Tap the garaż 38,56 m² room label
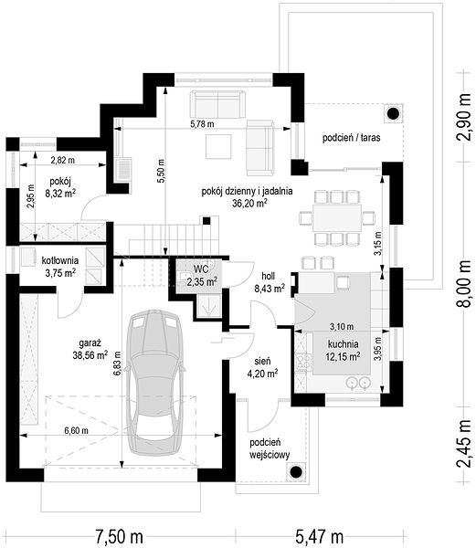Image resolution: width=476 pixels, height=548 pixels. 90,349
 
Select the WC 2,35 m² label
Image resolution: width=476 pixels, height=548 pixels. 202,275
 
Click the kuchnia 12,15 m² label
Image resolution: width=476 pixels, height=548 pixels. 344,350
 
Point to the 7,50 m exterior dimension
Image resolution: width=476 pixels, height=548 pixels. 119,536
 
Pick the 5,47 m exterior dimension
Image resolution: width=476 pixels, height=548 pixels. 319,536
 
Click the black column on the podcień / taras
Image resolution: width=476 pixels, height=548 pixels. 394,113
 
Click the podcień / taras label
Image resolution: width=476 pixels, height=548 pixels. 351,138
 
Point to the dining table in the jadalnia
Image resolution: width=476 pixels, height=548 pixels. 337,217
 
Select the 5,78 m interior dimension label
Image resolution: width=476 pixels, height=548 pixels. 202,123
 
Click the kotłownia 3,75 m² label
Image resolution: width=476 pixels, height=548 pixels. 60,267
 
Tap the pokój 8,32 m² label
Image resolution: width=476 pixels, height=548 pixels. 60,187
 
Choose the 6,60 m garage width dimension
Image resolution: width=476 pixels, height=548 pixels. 76,431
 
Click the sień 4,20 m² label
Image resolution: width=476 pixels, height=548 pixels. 262,367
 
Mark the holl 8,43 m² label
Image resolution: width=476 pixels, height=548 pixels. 269,282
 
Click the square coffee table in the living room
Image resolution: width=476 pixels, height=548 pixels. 218,146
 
